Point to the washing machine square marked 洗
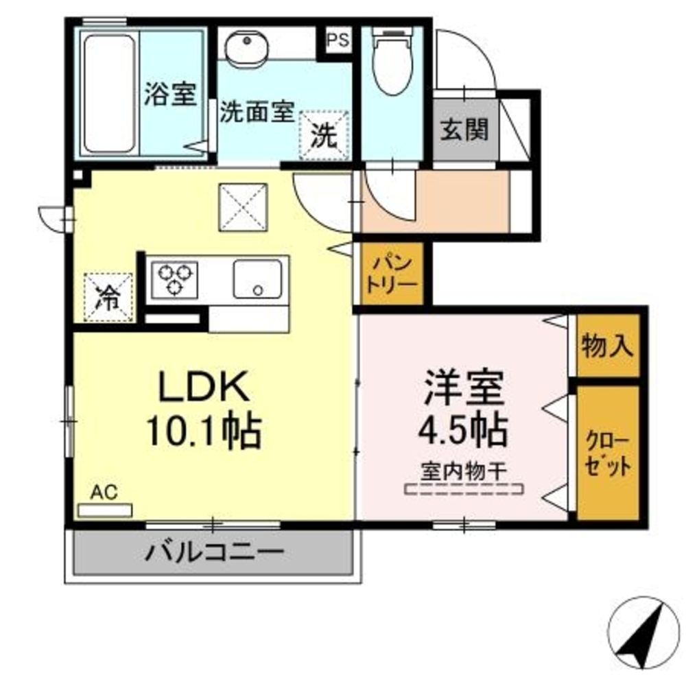click(324, 135)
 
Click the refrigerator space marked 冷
click(107, 297)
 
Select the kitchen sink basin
click(257, 279)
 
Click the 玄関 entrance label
click(464, 130)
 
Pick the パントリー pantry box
click(392, 273)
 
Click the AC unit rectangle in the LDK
click(105, 510)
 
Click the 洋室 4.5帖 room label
click(464, 410)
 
